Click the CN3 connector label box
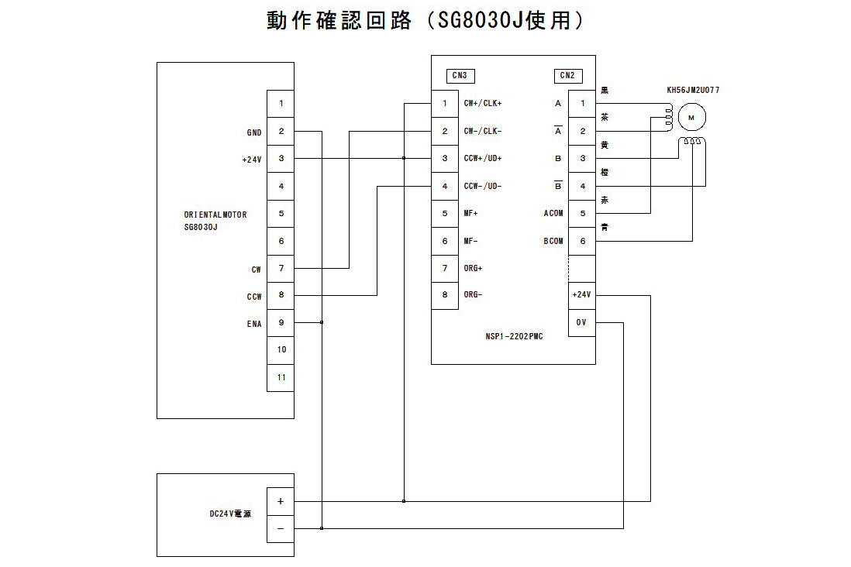(x=460, y=75)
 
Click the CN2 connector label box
(x=568, y=75)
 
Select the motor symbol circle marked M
(x=692, y=117)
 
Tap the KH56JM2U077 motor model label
(x=693, y=91)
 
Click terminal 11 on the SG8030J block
(x=281, y=377)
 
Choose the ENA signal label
(x=254, y=324)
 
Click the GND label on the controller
(x=254, y=132)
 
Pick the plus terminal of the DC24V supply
(x=281, y=501)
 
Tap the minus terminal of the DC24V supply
(x=281, y=528)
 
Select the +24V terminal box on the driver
(x=581, y=295)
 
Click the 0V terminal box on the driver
(x=581, y=322)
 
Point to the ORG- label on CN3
(x=474, y=295)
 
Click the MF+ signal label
(x=471, y=213)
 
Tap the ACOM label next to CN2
(x=553, y=213)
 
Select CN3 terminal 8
(x=445, y=295)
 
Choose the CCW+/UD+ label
(x=483, y=158)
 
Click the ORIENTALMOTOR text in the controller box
(x=215, y=215)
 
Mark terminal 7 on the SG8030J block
(x=281, y=268)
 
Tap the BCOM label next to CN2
(x=553, y=241)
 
